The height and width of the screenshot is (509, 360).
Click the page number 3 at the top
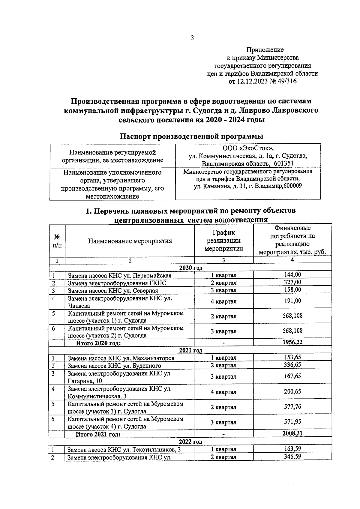(x=192, y=38)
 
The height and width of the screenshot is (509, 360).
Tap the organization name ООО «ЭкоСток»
(x=248, y=148)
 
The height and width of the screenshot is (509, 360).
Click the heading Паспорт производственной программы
(x=192, y=136)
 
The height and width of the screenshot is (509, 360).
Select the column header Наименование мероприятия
(x=130, y=241)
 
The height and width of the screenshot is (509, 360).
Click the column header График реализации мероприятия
(x=224, y=241)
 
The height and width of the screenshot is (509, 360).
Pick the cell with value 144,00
(x=292, y=274)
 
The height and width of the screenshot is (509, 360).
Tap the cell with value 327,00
(x=292, y=282)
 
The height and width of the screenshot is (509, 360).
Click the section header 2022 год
(x=190, y=442)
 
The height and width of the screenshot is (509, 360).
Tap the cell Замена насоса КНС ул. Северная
(x=113, y=291)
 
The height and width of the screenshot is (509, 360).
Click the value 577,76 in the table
(x=292, y=407)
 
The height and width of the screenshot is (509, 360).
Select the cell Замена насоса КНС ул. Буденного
(x=114, y=366)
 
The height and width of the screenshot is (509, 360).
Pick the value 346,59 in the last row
(x=292, y=457)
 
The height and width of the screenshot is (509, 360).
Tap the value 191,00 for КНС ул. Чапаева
(x=292, y=301)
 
